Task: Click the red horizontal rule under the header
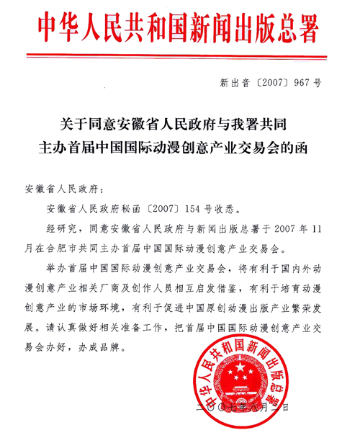point(180,55)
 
